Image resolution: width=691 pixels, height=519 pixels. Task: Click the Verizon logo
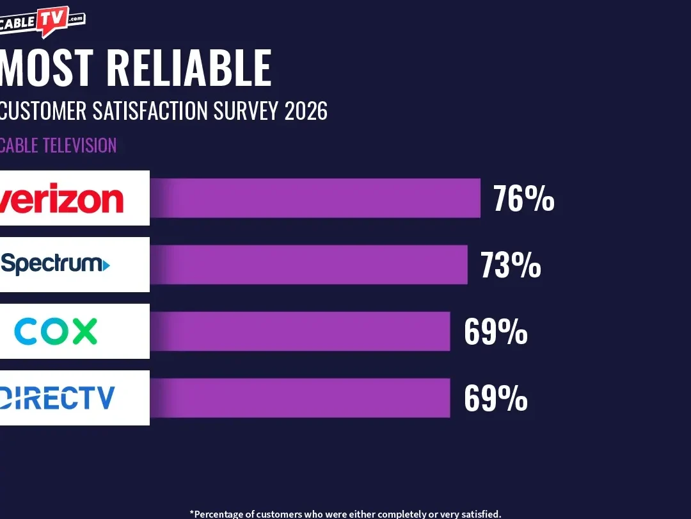(62, 199)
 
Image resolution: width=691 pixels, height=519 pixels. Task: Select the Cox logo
(56, 331)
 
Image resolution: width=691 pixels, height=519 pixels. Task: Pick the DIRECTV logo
(58, 398)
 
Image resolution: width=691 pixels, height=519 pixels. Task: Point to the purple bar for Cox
(301, 331)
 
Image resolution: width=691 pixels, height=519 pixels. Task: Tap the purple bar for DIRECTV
(301, 398)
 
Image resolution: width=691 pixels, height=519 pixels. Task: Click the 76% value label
(523, 199)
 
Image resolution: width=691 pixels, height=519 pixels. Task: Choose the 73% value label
(511, 265)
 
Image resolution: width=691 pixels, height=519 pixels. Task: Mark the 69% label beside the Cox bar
(496, 332)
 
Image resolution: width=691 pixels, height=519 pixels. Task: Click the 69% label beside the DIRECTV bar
(496, 399)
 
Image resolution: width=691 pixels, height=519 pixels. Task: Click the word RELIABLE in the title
(189, 68)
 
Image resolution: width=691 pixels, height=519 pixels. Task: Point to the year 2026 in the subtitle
(306, 111)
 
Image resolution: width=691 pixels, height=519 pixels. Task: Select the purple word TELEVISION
(79, 145)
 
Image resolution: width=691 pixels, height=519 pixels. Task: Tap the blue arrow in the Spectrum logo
(106, 264)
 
